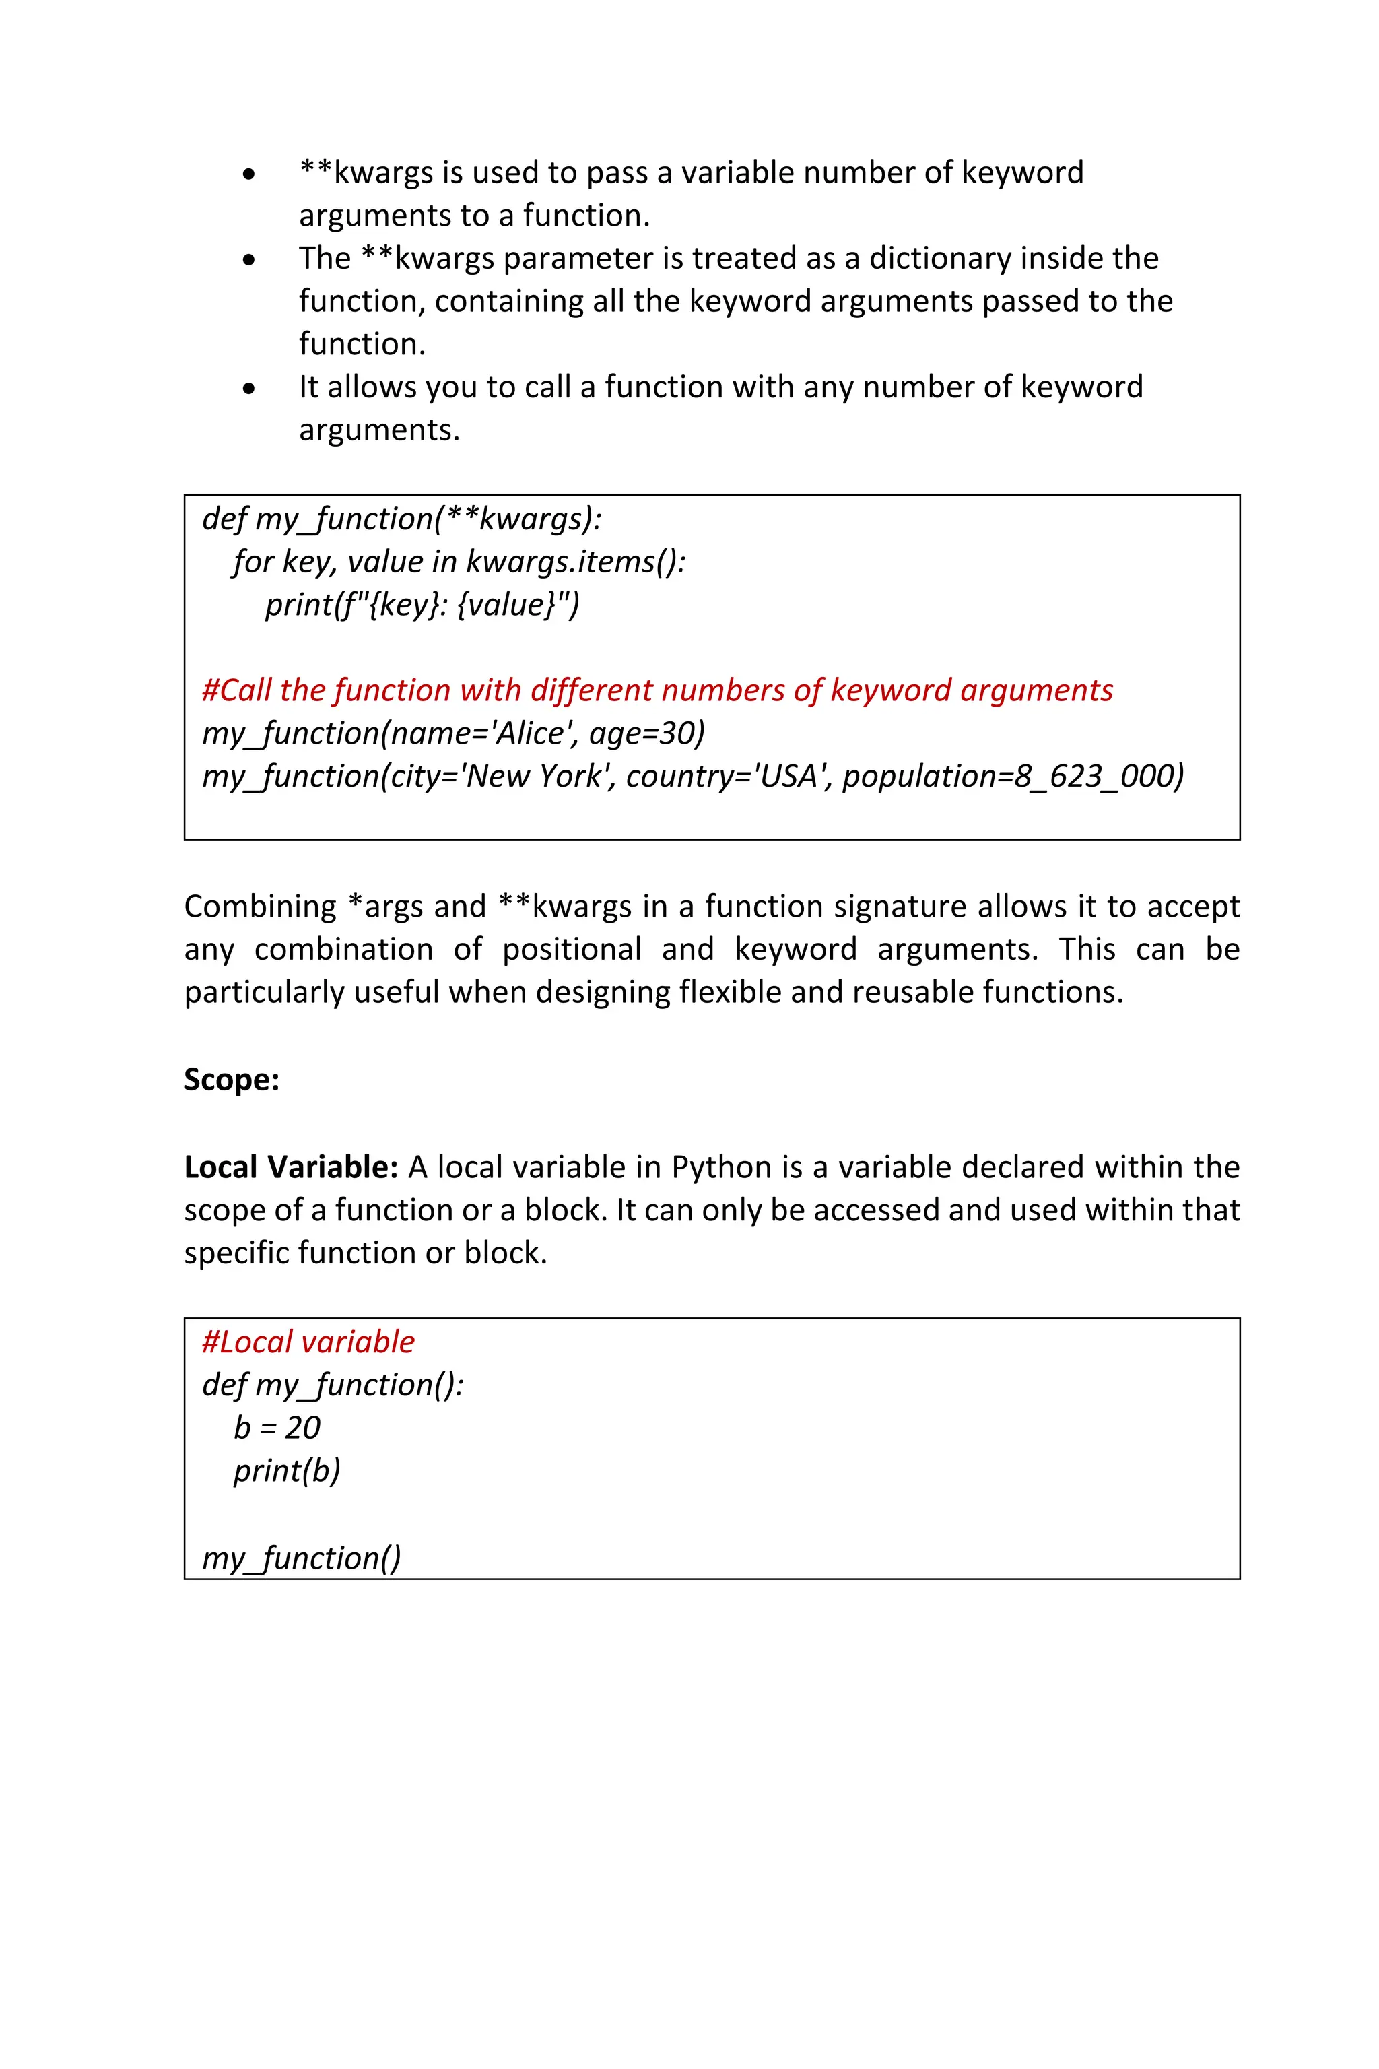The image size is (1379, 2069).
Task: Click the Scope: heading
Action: pos(232,1080)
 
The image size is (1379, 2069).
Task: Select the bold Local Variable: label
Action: pos(291,1167)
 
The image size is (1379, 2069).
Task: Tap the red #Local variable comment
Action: pos(308,1342)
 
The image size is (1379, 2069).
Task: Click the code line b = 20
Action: pos(276,1427)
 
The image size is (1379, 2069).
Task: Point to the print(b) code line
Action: pos(287,1470)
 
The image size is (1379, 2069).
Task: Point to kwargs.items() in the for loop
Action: pos(575,561)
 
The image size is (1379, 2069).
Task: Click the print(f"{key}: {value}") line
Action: pos(422,604)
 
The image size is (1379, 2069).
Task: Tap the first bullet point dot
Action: pos(250,174)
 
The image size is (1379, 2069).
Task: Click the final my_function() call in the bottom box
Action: pos(301,1558)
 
